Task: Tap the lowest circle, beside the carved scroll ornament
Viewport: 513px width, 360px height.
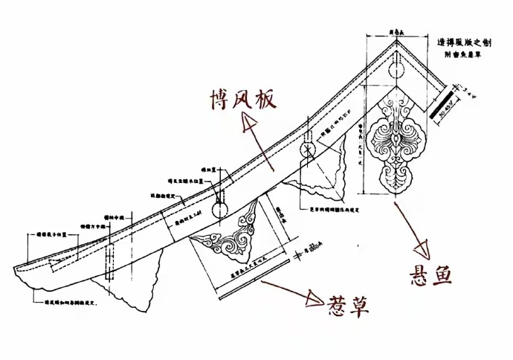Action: pos(220,209)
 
